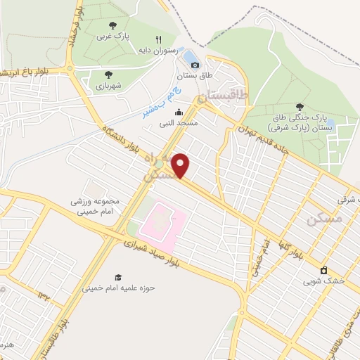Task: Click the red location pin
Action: click(x=181, y=165)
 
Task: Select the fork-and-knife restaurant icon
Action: click(x=159, y=39)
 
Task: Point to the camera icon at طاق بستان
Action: click(x=207, y=61)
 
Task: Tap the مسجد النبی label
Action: click(x=179, y=122)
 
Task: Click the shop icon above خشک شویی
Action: click(x=323, y=270)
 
